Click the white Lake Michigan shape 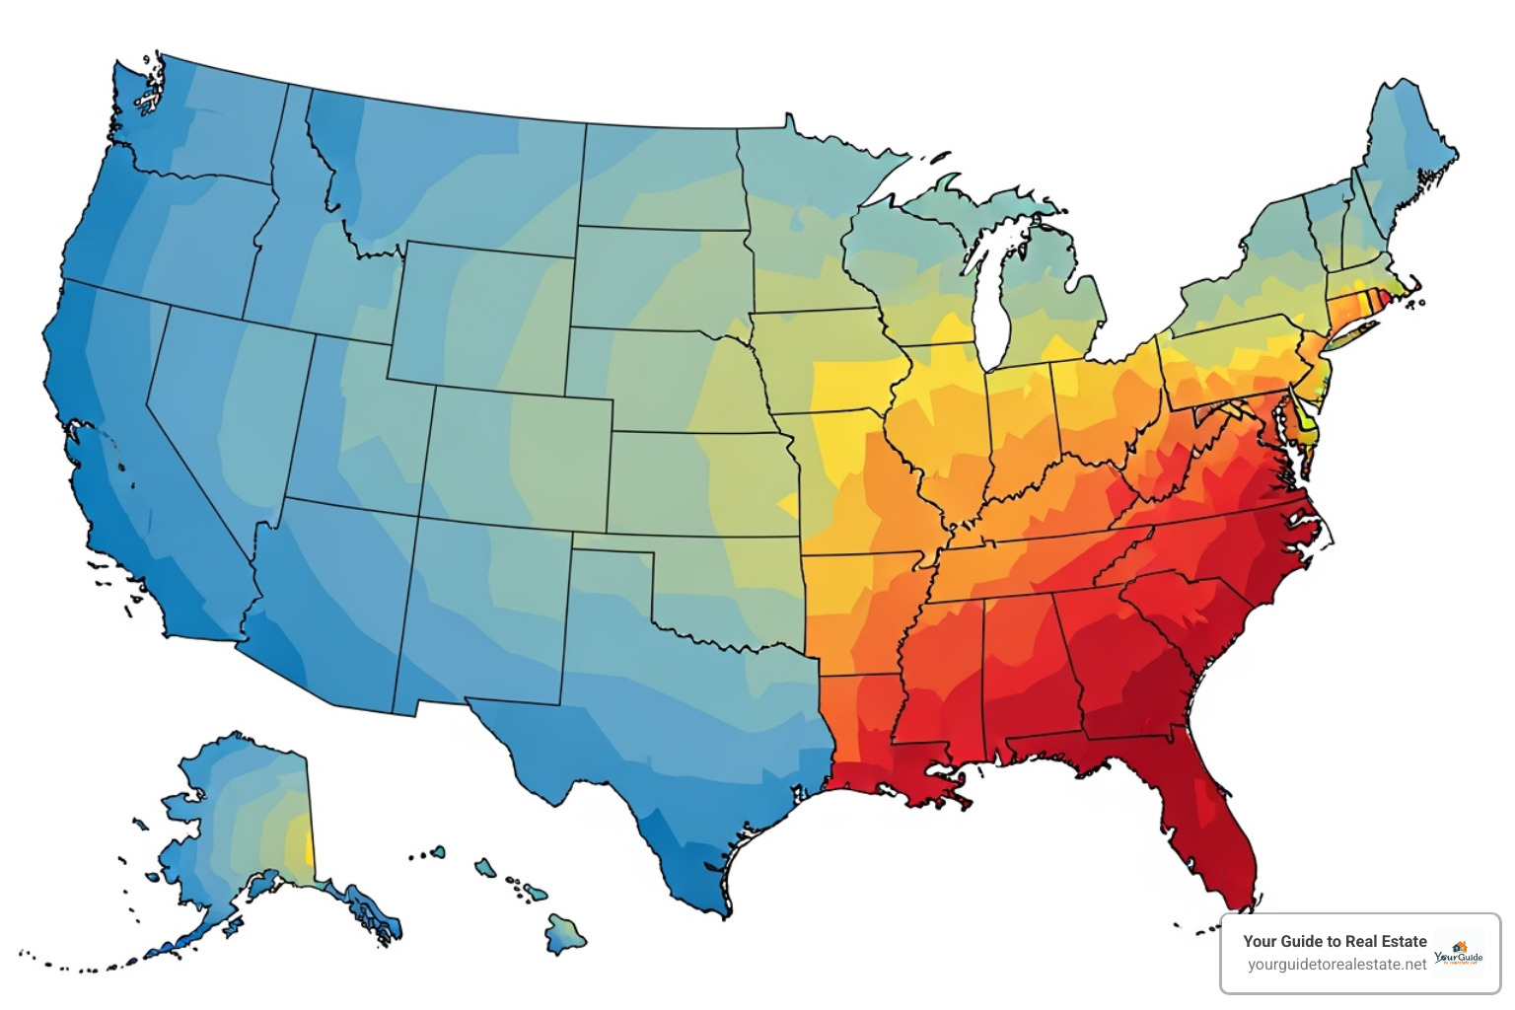[x=991, y=296]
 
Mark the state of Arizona [x=330, y=602]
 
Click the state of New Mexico [x=483, y=612]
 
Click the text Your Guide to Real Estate [x=1334, y=941]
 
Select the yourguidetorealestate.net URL [x=1335, y=965]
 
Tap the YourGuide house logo [x=1459, y=952]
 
